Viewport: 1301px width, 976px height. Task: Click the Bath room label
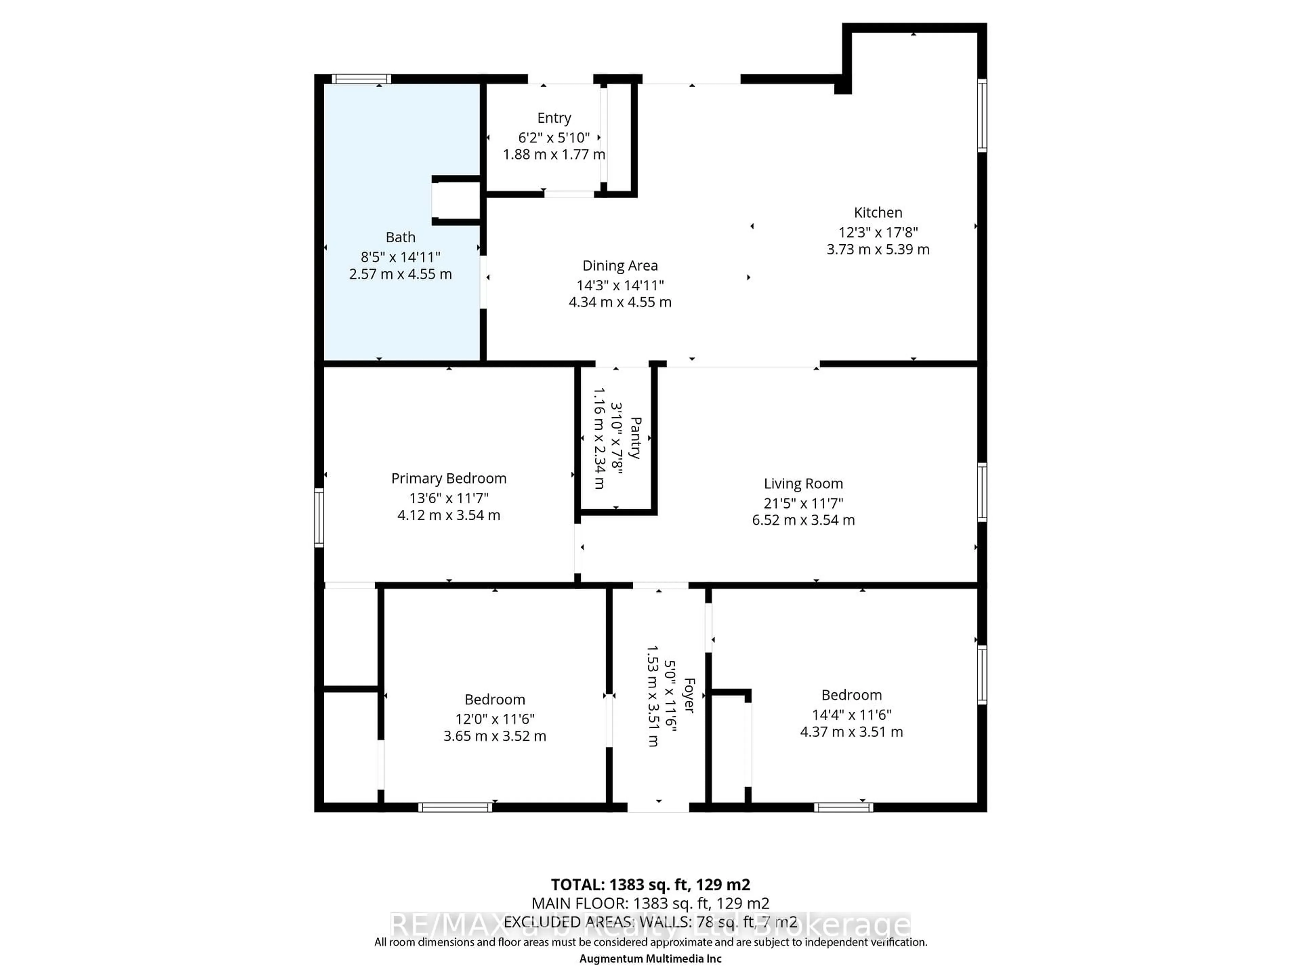[x=400, y=237]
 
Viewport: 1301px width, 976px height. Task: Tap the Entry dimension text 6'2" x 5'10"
[x=554, y=138]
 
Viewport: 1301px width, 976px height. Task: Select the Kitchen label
[x=877, y=212]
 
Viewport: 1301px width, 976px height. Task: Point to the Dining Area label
[x=620, y=266]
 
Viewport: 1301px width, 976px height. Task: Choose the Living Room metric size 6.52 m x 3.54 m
[x=803, y=520]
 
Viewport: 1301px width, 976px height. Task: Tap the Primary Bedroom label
[x=449, y=478]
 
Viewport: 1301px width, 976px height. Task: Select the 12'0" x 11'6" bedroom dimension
[x=495, y=719]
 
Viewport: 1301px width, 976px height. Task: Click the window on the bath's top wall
[x=361, y=79]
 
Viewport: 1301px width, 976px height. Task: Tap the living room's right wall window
[x=982, y=492]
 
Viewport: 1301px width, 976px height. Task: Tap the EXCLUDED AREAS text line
[x=650, y=922]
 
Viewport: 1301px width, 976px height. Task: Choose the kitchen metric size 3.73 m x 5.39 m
[x=877, y=249]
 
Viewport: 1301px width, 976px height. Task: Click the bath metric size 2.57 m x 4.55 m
[x=400, y=274]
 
